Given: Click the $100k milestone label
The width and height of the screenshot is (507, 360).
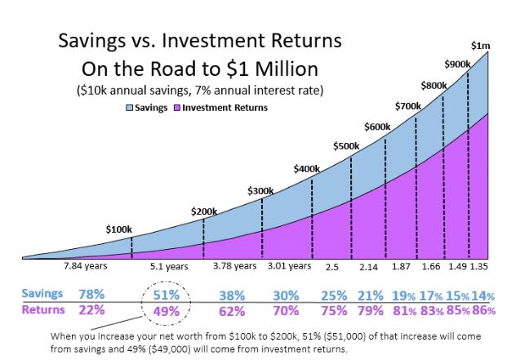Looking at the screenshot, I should (118, 229).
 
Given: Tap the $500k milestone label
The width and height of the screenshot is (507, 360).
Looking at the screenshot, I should (347, 146).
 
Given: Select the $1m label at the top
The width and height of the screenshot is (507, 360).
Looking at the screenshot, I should (482, 45).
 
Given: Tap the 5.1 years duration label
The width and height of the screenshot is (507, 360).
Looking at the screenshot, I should (169, 266).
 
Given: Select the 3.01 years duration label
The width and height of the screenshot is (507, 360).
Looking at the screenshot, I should (290, 265).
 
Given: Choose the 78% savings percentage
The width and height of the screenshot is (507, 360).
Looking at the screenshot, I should (91, 294).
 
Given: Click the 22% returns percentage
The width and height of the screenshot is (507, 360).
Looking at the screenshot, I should (91, 310).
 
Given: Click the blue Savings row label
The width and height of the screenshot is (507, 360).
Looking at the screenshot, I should (41, 293).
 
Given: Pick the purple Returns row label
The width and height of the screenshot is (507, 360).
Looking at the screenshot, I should (41, 309).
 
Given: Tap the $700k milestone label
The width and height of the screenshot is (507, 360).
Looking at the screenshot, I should (408, 105).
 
